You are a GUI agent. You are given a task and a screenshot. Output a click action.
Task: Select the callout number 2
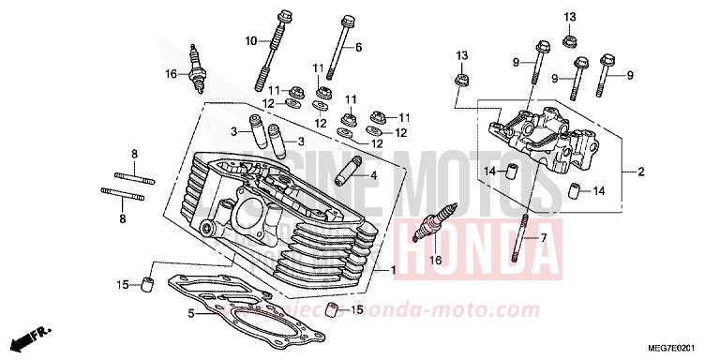[641, 172]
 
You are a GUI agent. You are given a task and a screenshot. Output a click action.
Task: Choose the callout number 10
[251, 40]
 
